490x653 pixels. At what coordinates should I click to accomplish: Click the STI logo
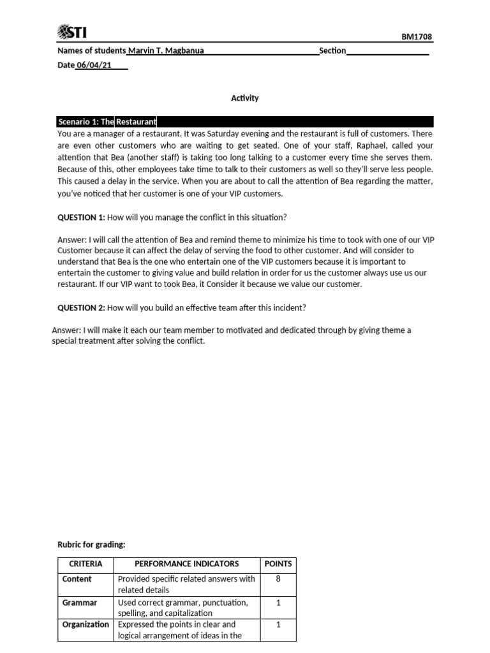(74, 32)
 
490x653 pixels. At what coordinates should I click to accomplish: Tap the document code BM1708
(417, 37)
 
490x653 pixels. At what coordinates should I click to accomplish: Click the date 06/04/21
(89, 64)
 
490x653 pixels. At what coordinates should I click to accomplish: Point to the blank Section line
(387, 52)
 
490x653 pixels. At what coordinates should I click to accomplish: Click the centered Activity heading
(245, 98)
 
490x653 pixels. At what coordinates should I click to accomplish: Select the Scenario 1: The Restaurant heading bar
(245, 121)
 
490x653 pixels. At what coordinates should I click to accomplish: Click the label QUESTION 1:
(81, 217)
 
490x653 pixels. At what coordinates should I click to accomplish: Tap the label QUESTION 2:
(81, 307)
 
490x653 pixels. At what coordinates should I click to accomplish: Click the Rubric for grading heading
(92, 544)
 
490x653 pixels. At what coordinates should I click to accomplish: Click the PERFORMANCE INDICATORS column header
(187, 564)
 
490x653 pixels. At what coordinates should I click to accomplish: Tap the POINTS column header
(278, 564)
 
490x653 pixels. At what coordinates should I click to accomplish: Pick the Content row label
(77, 579)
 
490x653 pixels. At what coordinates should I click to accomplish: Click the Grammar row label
(80, 602)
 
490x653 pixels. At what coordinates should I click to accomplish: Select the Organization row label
(85, 625)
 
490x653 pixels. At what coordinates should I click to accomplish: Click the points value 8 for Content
(278, 579)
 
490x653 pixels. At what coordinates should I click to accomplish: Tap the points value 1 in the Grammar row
(278, 602)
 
